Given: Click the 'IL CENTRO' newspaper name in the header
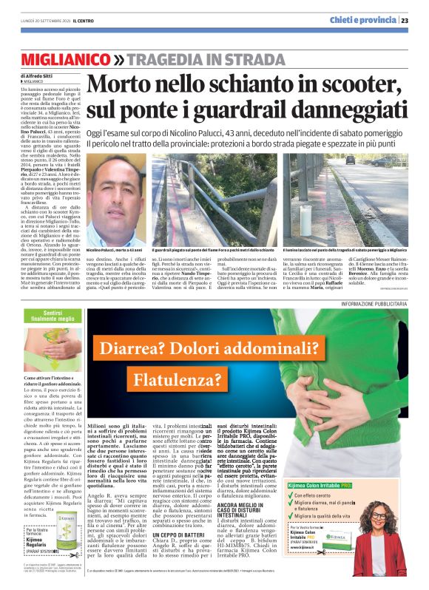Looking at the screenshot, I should click(x=71, y=21).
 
